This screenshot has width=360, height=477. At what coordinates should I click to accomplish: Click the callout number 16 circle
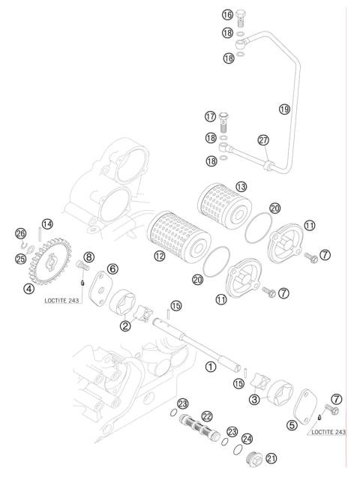pyautogui.click(x=227, y=14)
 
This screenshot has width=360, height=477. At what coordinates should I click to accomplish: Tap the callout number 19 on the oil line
pyautogui.click(x=284, y=109)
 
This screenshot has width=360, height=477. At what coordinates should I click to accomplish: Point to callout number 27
pyautogui.click(x=262, y=139)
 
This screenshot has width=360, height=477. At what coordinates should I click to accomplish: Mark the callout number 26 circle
pyautogui.click(x=21, y=233)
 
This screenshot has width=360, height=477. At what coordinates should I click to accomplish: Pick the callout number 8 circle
pyautogui.click(x=88, y=256)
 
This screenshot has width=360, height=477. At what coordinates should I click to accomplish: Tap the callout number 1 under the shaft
pyautogui.click(x=211, y=367)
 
